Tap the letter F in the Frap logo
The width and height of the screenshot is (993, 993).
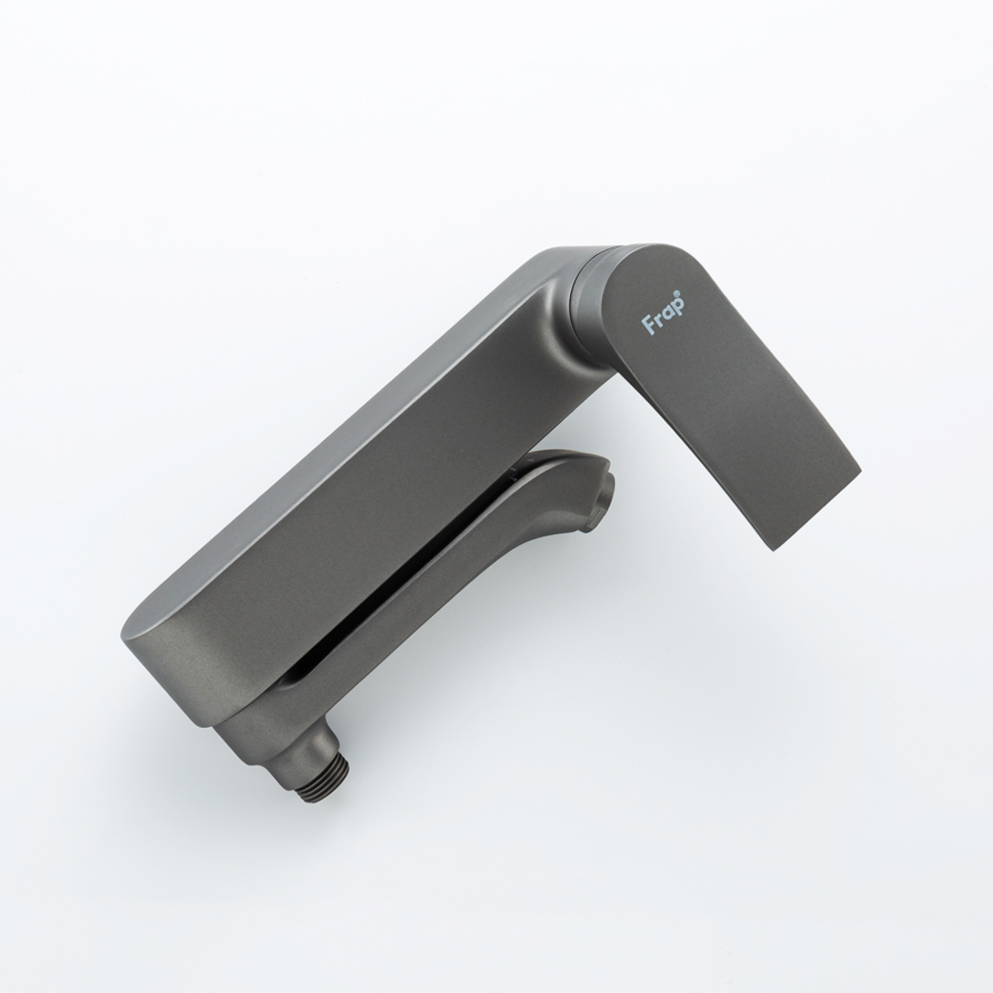pyautogui.click(x=648, y=325)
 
